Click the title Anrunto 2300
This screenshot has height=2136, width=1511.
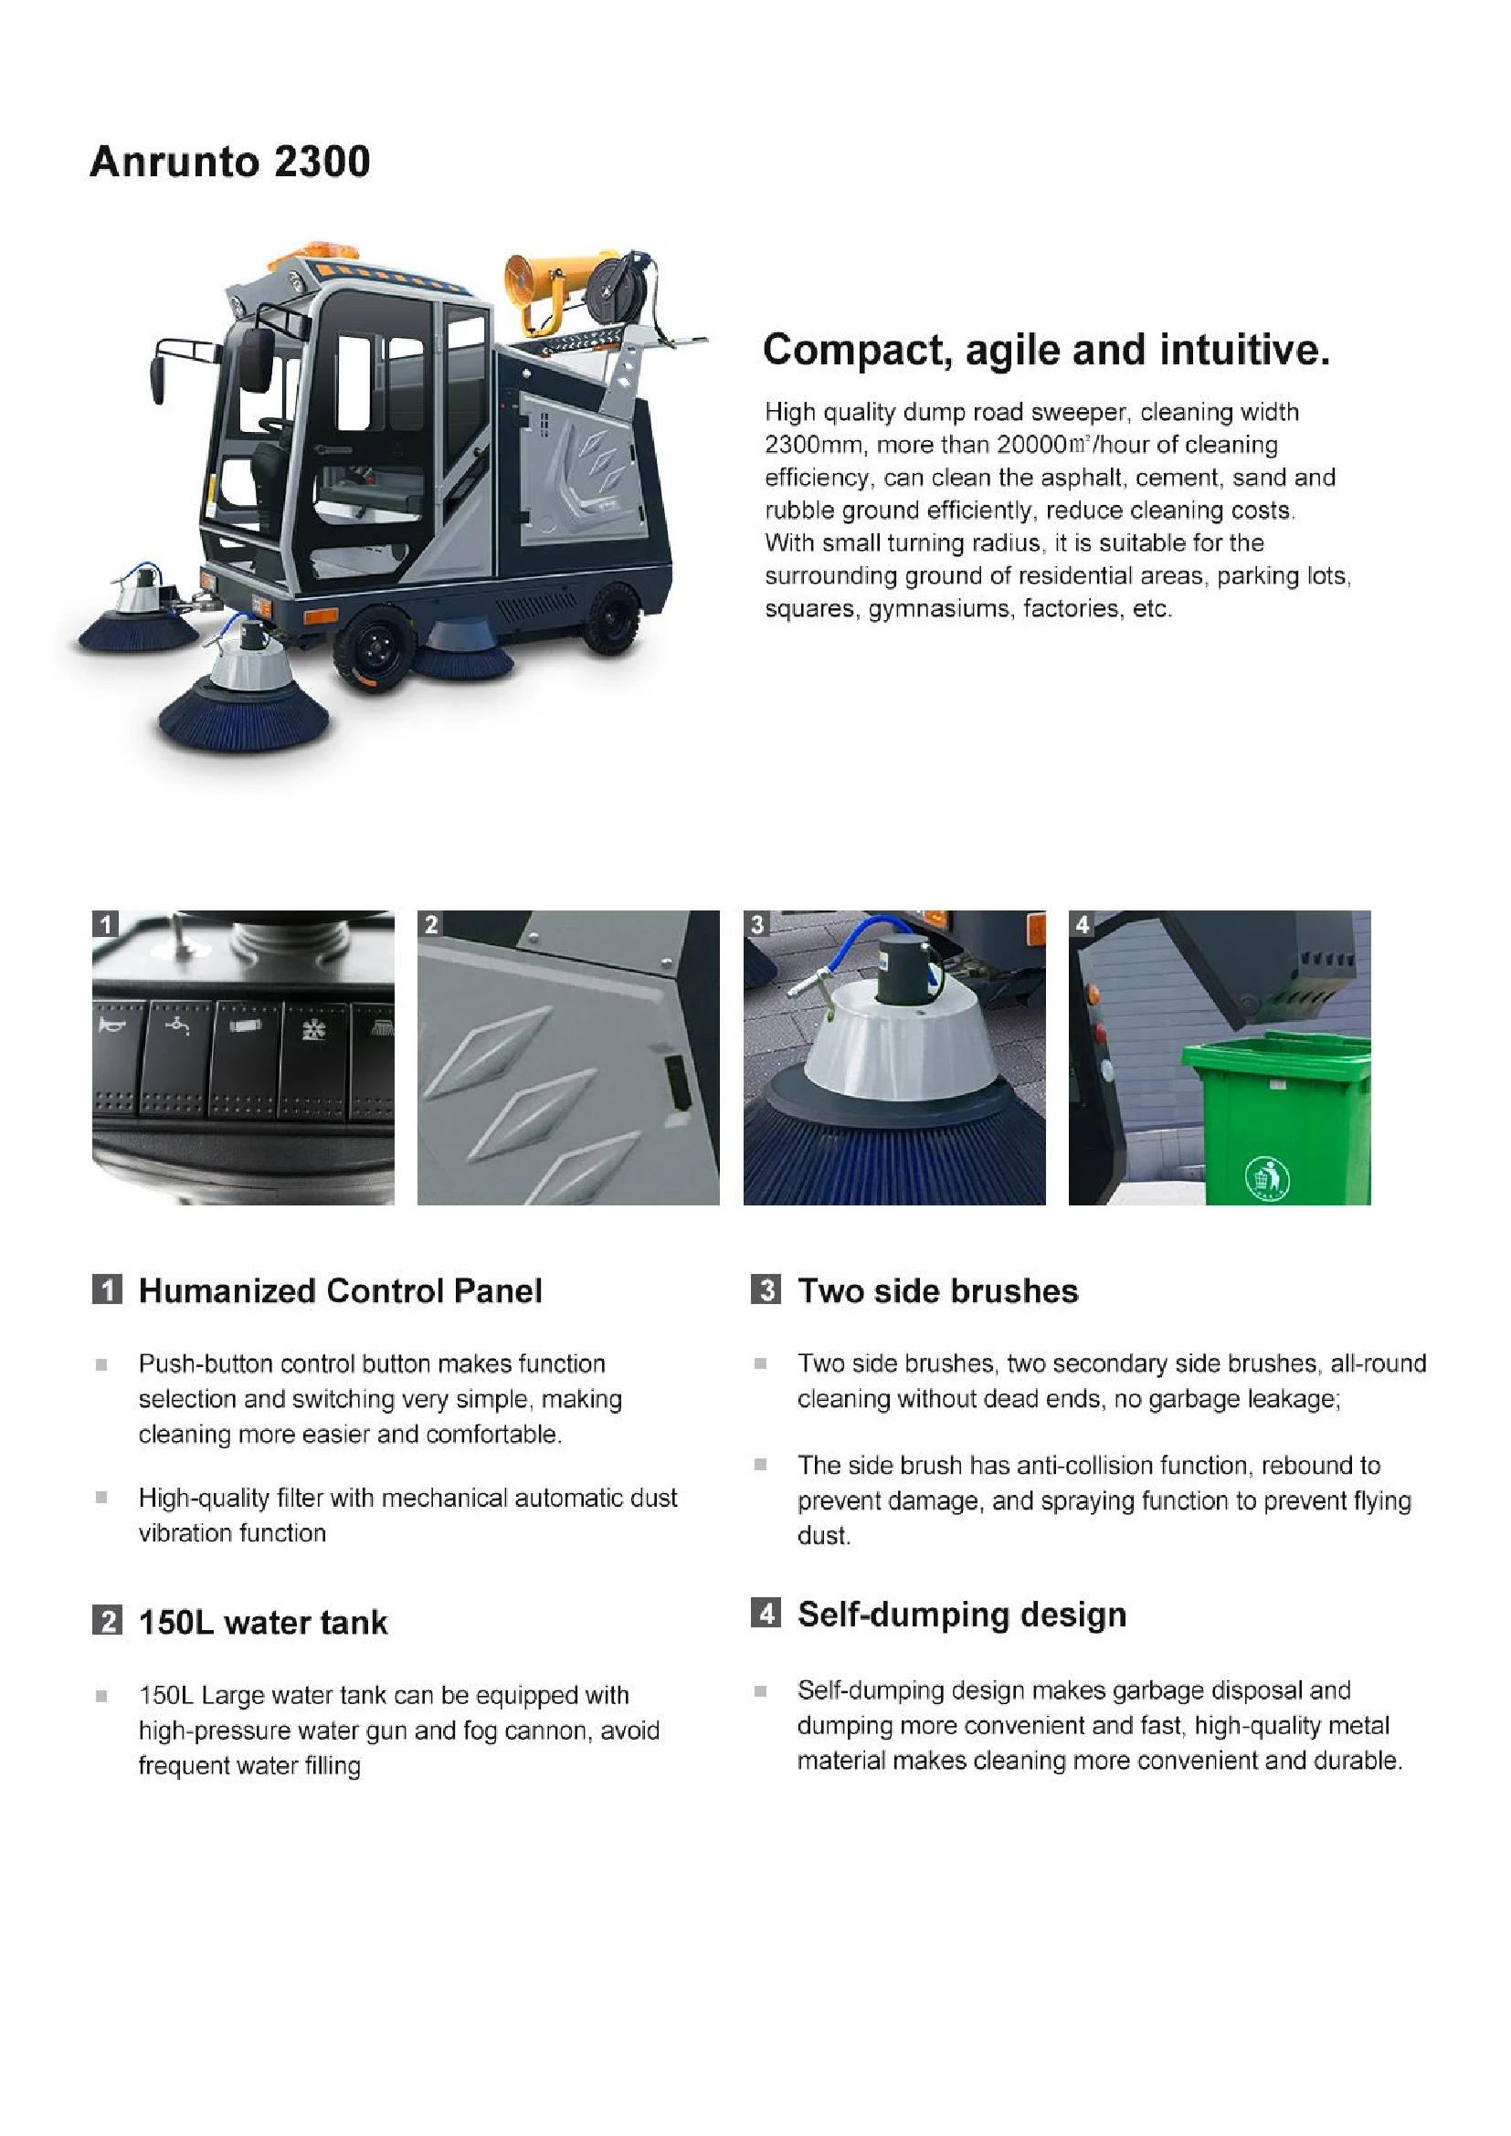(x=230, y=162)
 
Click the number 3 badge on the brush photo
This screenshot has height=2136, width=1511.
(x=757, y=924)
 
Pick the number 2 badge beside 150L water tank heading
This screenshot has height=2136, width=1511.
(x=107, y=1622)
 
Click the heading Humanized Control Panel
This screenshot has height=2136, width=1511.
(x=340, y=1290)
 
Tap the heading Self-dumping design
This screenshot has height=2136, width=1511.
(x=961, y=1614)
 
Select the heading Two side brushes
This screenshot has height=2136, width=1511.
(x=937, y=1290)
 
